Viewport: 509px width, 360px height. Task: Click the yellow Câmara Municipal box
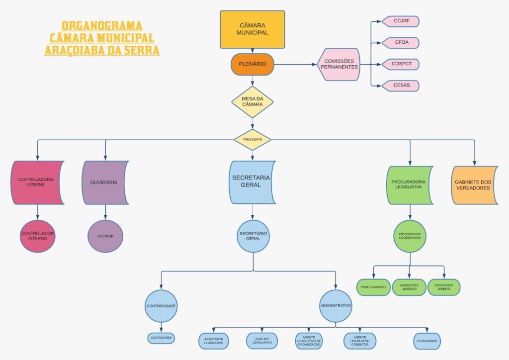[x=253, y=29]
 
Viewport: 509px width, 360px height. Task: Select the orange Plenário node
[x=253, y=64]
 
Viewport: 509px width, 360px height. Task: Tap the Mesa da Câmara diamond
[x=253, y=101]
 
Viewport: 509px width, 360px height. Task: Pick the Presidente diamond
[x=253, y=140]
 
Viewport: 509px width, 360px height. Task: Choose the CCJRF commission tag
[x=401, y=21]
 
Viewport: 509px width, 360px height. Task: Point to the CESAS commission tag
[x=401, y=86]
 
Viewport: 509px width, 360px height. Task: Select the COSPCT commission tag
[x=401, y=64]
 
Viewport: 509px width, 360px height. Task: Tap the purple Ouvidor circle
[x=105, y=236]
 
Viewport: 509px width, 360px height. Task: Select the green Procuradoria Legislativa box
[x=409, y=184]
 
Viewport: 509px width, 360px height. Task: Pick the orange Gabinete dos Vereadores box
[x=473, y=185]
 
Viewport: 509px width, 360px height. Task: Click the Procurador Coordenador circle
[x=410, y=236]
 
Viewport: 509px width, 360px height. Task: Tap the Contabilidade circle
[x=161, y=306]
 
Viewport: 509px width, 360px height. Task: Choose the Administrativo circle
[x=336, y=305]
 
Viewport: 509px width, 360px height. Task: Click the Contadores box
[x=161, y=338]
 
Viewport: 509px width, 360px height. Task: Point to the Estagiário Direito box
[x=444, y=287]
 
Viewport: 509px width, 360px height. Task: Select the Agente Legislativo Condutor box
[x=360, y=341]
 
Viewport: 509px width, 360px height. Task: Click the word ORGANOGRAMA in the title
[x=102, y=26]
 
